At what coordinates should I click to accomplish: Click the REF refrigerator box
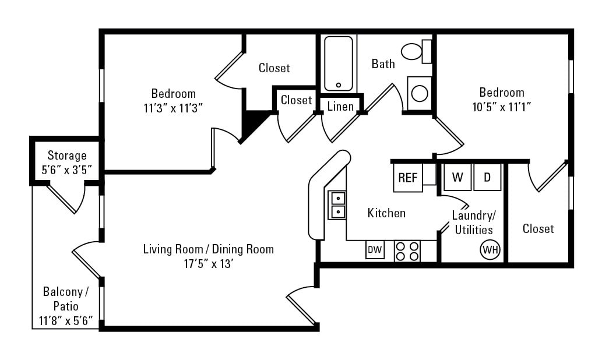point(407,178)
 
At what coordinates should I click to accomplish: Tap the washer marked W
point(457,177)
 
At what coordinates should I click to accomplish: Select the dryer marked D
point(487,177)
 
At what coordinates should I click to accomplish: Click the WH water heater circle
point(490,250)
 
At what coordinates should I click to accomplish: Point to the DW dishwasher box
point(375,250)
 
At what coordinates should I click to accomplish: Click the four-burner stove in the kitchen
point(407,250)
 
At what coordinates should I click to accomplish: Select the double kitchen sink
point(337,205)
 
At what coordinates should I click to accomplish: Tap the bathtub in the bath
point(339,63)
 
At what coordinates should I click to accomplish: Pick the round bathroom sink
point(419,93)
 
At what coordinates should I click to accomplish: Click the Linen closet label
point(340,106)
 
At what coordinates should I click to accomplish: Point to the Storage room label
point(67,156)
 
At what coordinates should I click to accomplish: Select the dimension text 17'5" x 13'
point(208,264)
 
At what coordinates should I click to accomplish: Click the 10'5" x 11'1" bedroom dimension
point(502,107)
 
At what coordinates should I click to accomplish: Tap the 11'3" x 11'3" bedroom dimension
point(173,108)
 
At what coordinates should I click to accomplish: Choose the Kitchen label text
point(386,213)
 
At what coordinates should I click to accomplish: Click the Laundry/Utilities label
point(474,223)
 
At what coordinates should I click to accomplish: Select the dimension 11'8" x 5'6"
point(66,320)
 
